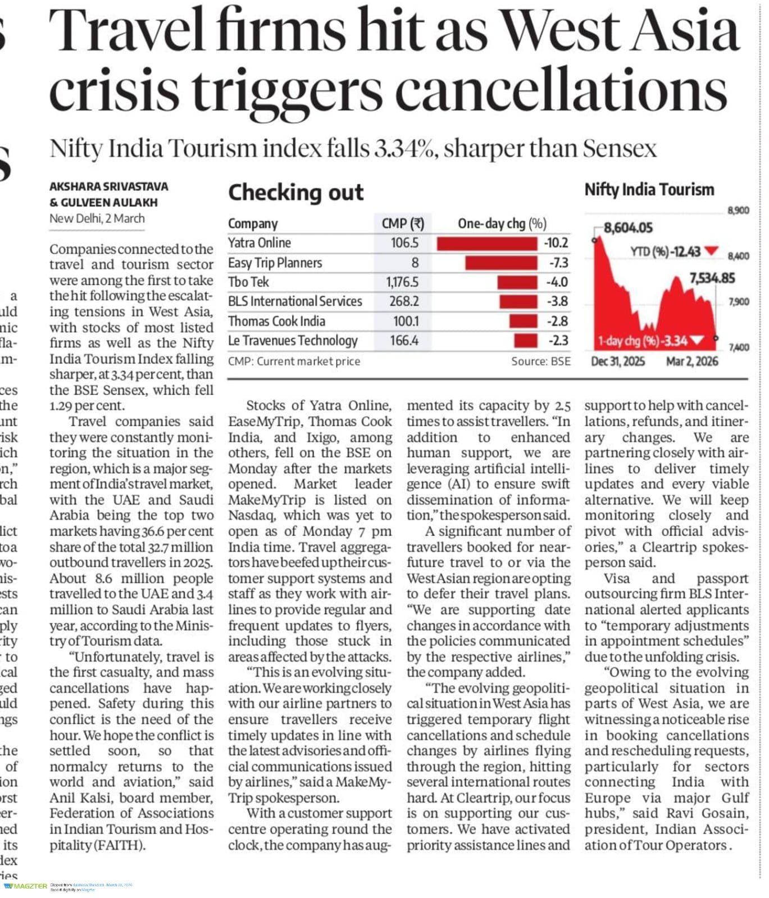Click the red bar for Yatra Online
click(x=486, y=244)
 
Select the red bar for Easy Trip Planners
click(x=500, y=263)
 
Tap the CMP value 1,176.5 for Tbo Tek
click(x=402, y=282)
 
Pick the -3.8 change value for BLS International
click(x=557, y=301)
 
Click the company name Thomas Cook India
click(x=276, y=321)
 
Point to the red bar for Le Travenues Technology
click(x=525, y=341)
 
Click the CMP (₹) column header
click(x=403, y=223)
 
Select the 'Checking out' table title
click(x=295, y=193)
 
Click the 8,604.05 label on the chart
click(x=628, y=228)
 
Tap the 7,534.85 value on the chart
click(x=712, y=278)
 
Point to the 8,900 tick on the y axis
click(x=738, y=210)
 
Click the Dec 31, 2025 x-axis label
click(x=618, y=361)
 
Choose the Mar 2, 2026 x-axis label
click(x=692, y=361)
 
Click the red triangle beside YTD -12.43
click(x=711, y=251)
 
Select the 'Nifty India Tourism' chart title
click(x=649, y=190)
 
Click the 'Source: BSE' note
click(x=540, y=361)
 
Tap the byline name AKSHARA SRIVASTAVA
click(x=108, y=186)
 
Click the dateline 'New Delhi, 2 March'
click(x=97, y=219)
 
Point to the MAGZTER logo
click(x=26, y=886)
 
